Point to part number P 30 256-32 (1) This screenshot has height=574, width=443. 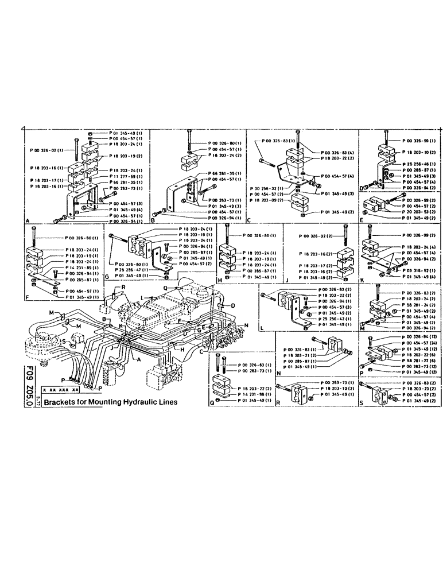click(x=266, y=188)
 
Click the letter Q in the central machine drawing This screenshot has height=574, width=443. click(x=165, y=287)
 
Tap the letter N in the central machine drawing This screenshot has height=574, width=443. click(x=247, y=325)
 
